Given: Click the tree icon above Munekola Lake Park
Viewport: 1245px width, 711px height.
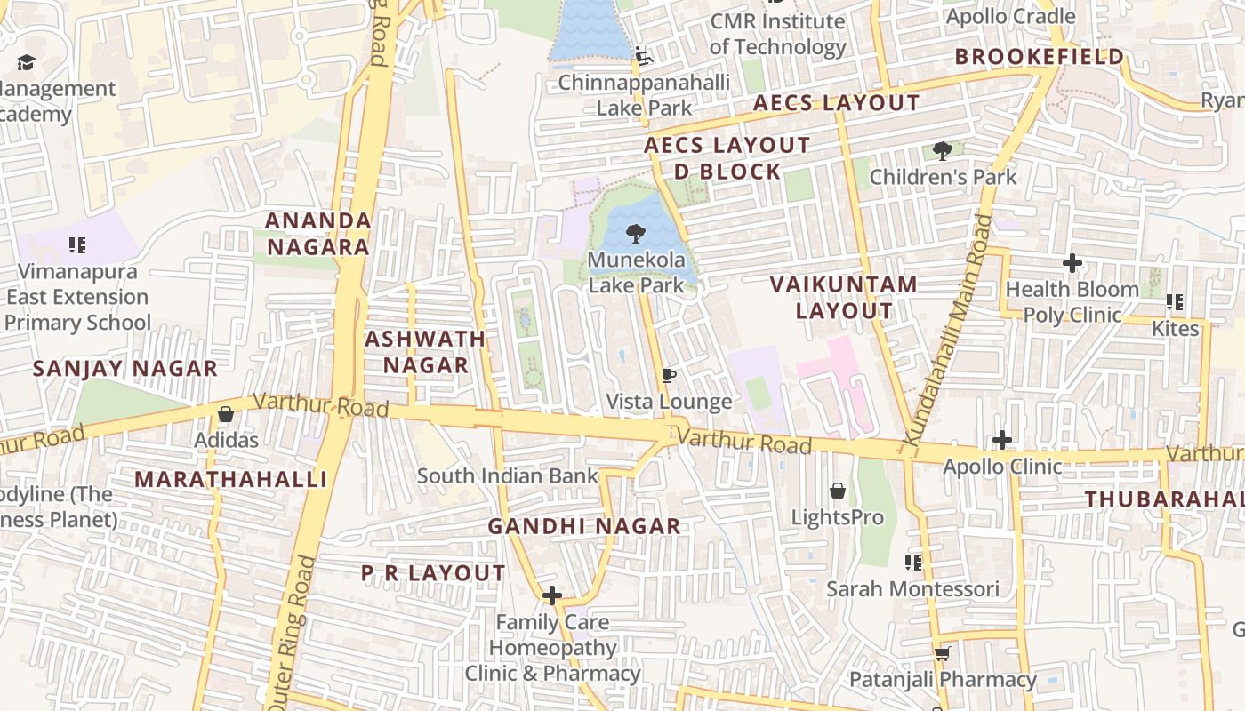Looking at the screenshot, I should pyautogui.click(x=635, y=235).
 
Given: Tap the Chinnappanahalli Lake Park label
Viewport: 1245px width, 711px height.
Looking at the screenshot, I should pyautogui.click(x=644, y=95).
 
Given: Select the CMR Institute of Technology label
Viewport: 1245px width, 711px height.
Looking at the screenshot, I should pyautogui.click(x=777, y=34).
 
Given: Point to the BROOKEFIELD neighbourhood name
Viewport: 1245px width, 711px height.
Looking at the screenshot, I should pyautogui.click(x=1040, y=57).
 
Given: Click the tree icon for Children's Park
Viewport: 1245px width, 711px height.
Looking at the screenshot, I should pyautogui.click(x=943, y=151).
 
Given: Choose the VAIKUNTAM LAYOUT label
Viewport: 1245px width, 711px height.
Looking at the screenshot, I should pyautogui.click(x=843, y=298).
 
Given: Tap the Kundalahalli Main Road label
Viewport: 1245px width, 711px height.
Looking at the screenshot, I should pyautogui.click(x=947, y=331).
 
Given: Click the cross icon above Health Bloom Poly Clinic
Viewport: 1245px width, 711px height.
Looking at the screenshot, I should pyautogui.click(x=1072, y=263).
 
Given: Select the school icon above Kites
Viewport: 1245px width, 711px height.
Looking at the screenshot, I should pyautogui.click(x=1175, y=303).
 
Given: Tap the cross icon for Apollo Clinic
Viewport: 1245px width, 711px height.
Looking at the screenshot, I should pyautogui.click(x=1002, y=440).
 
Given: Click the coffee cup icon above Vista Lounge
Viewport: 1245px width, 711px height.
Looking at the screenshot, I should pyautogui.click(x=669, y=376).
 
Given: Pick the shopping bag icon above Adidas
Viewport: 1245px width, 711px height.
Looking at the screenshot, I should pyautogui.click(x=226, y=414).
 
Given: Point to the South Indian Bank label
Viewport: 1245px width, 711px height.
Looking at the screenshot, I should pyautogui.click(x=508, y=475).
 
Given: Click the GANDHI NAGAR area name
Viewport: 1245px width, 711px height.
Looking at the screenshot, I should pyautogui.click(x=584, y=526).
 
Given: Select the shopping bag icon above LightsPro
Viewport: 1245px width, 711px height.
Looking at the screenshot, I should pyautogui.click(x=837, y=491).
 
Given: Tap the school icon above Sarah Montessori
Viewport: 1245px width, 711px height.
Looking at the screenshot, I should pyautogui.click(x=912, y=563).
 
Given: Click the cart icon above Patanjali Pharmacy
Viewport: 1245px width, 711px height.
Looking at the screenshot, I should pyautogui.click(x=942, y=654).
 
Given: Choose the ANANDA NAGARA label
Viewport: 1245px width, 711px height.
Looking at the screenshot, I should pyautogui.click(x=317, y=234).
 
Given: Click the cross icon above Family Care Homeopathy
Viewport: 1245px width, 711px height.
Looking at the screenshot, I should pyautogui.click(x=552, y=595).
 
